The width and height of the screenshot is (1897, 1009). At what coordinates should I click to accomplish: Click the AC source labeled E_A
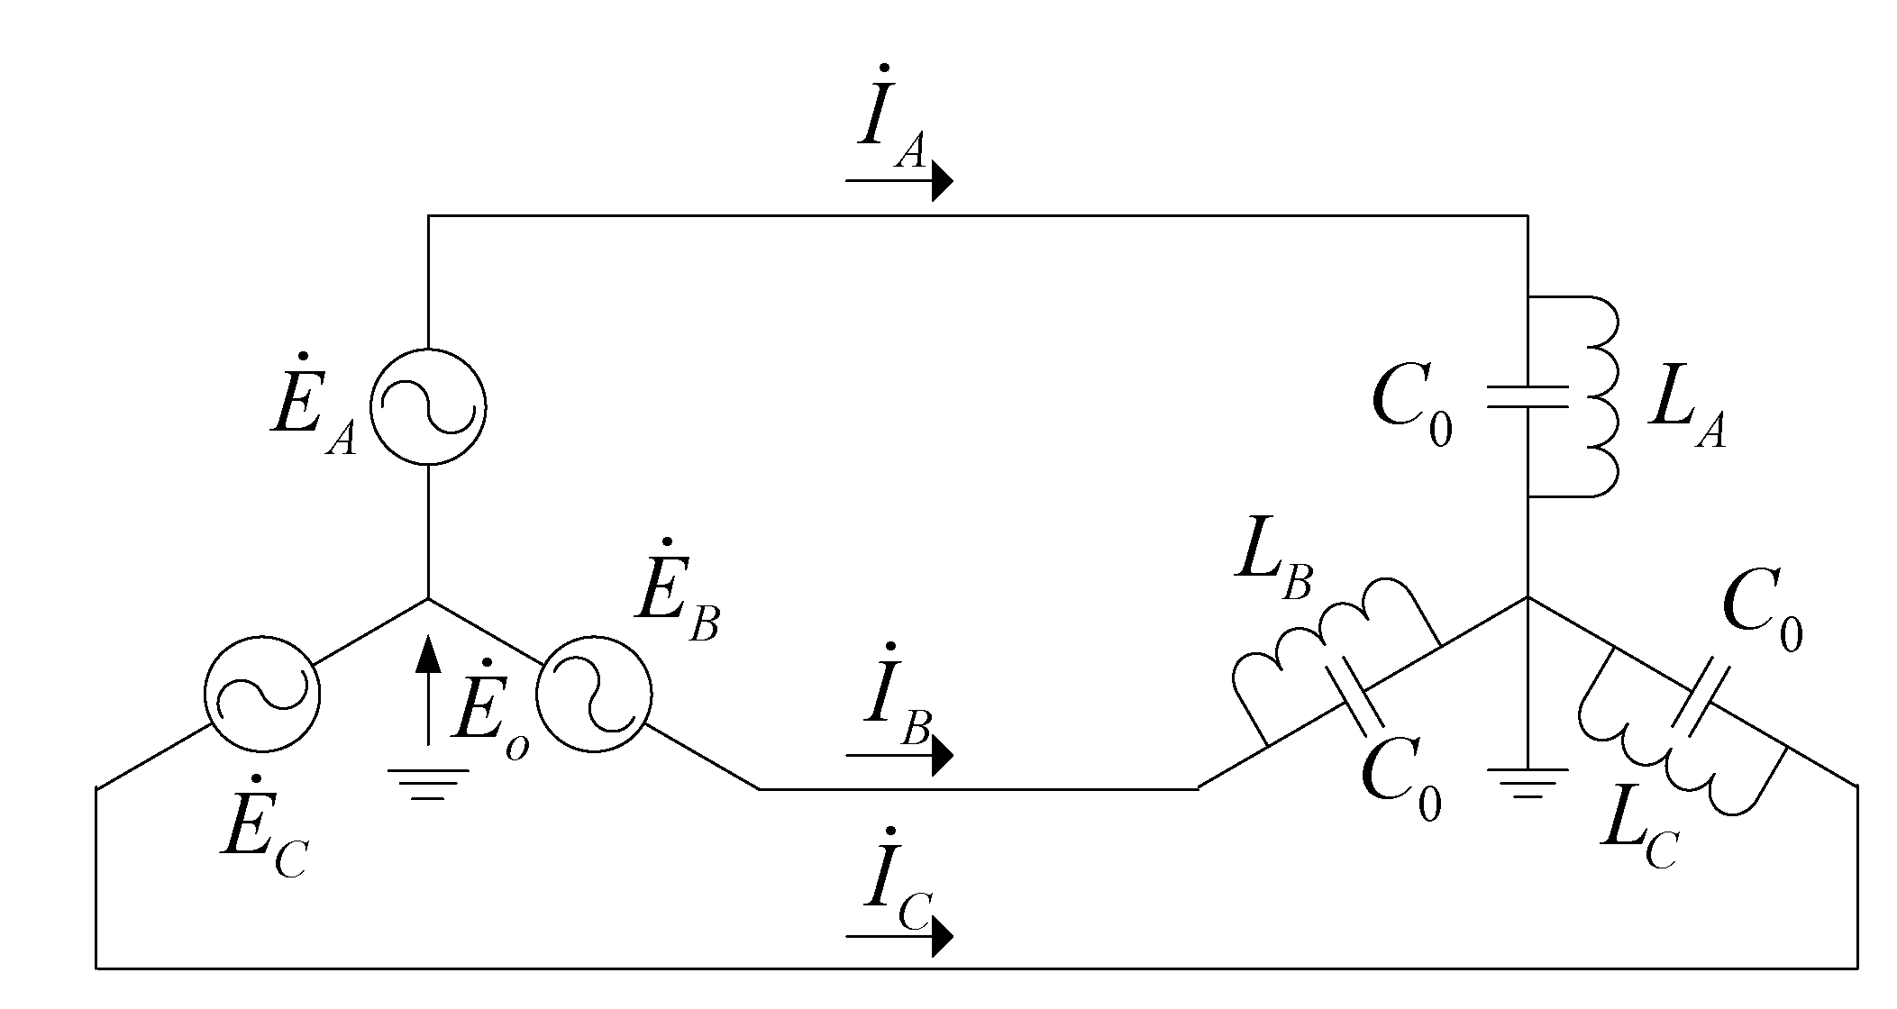click(x=428, y=407)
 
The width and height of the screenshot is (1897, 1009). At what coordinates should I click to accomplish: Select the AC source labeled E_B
click(x=593, y=693)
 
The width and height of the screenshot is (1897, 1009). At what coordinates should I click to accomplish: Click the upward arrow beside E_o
click(x=429, y=689)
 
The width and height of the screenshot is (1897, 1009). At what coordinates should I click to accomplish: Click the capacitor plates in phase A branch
click(x=1528, y=397)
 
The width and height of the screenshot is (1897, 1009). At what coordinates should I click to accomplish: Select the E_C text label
click(x=266, y=842)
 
